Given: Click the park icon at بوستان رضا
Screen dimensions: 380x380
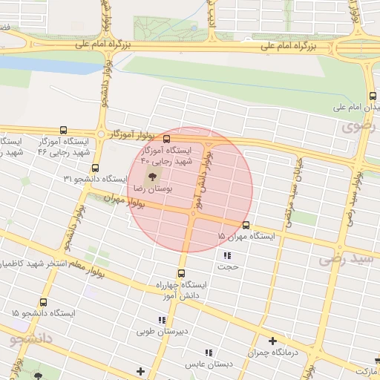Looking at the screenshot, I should point(152,177).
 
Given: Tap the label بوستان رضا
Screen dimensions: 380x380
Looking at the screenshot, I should point(151,191).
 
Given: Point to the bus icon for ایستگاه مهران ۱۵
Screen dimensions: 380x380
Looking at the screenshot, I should point(246,225).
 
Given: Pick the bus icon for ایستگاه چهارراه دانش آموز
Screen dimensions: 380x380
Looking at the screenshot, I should point(181,272).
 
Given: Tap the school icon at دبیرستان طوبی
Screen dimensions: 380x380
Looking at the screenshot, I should point(162,320).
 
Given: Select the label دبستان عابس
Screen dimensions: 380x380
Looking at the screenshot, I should point(209,364).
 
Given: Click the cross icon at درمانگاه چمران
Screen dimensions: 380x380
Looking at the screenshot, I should point(273,341).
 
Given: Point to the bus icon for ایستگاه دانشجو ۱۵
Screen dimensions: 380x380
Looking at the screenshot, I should point(43,303).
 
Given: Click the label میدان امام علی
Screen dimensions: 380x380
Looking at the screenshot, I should point(356,108).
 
